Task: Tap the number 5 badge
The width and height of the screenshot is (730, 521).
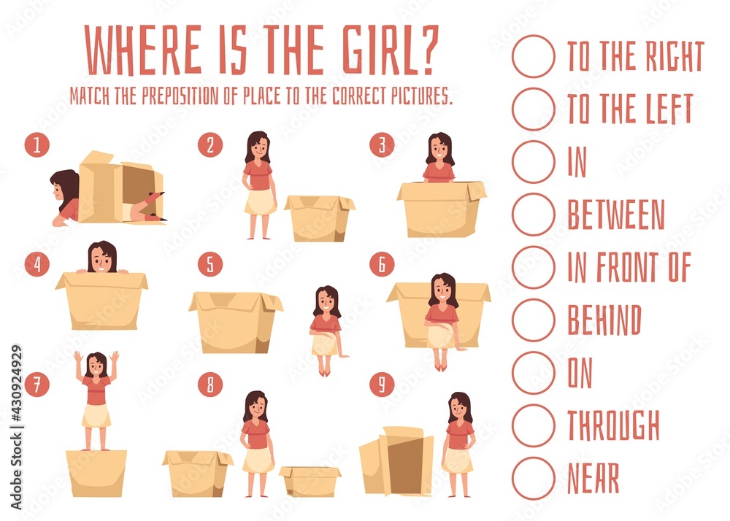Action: click(x=210, y=264)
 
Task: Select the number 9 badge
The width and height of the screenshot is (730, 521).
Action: click(x=381, y=384)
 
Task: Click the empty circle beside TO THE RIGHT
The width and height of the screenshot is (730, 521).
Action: click(x=533, y=56)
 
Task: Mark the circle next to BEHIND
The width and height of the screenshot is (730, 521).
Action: click(x=533, y=320)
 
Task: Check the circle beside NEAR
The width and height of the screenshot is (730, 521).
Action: click(x=533, y=478)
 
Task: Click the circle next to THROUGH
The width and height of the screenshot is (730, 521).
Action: click(x=533, y=425)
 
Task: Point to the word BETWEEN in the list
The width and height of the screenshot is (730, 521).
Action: click(x=615, y=215)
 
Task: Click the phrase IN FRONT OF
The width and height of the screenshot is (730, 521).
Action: click(x=629, y=267)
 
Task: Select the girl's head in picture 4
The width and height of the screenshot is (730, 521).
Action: click(x=101, y=258)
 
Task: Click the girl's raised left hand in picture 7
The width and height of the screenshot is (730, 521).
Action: click(x=77, y=357)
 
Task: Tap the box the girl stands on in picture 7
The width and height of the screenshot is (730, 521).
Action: click(x=96, y=473)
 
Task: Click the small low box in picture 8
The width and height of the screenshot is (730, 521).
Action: click(x=310, y=481)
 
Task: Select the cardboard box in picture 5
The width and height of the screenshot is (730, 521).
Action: click(x=234, y=322)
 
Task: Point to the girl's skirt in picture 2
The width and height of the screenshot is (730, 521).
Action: click(x=260, y=202)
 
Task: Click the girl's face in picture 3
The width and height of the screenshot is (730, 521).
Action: click(x=439, y=153)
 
